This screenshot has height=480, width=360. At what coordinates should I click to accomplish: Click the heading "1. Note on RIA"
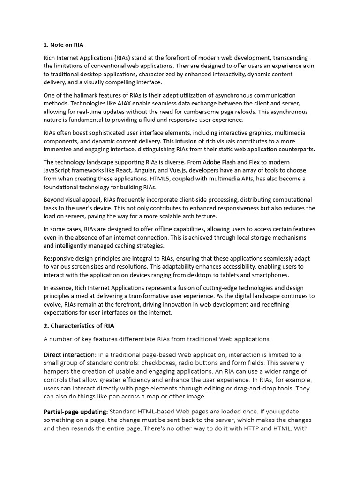(63, 45)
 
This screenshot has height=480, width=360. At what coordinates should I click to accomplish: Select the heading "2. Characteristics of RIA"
(79, 325)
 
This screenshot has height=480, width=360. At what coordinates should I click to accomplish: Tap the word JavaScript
(58, 170)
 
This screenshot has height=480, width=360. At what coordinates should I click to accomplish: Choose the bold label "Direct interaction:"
(70, 354)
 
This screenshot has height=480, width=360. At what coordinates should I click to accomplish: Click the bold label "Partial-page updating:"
(75, 412)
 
